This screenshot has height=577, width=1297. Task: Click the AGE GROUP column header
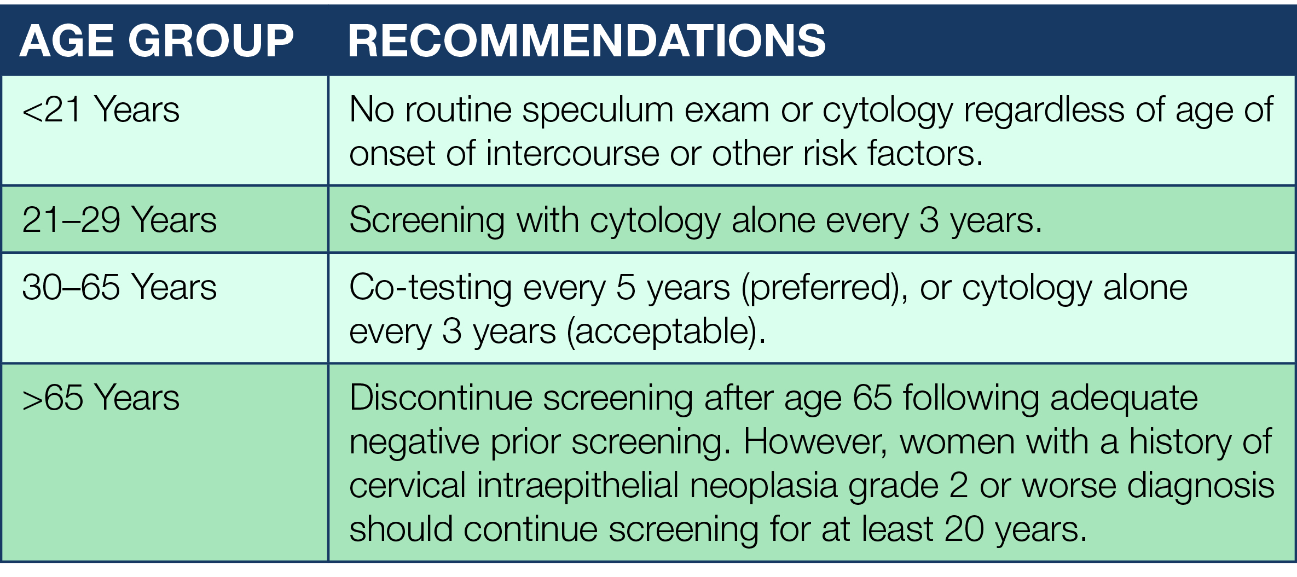tap(157, 41)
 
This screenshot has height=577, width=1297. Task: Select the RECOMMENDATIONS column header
tap(587, 41)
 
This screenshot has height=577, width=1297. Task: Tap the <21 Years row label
tap(101, 109)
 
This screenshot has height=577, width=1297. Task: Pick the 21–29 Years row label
tap(119, 220)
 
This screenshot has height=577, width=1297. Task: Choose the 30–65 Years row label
tap(119, 287)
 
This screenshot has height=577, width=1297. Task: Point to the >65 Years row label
tap(101, 398)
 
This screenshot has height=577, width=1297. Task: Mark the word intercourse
tap(572, 154)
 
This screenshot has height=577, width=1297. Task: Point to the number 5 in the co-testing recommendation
tap(626, 288)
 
